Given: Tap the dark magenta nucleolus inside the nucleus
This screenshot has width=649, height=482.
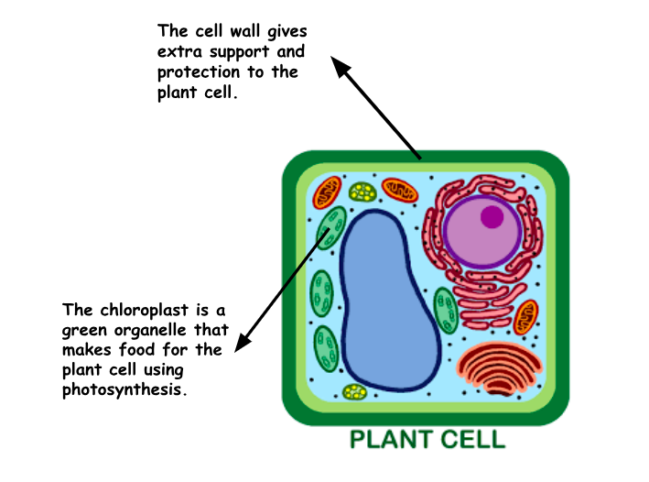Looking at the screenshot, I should [x=492, y=217].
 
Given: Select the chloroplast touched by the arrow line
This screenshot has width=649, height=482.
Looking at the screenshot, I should [x=331, y=228].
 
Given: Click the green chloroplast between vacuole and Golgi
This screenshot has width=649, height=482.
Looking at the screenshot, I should [x=446, y=311].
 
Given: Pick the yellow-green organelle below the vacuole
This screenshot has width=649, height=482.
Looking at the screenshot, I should [x=354, y=392].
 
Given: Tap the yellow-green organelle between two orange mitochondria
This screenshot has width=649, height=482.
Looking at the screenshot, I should [x=363, y=192].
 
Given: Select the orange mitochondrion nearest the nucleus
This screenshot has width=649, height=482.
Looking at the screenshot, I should [x=400, y=191].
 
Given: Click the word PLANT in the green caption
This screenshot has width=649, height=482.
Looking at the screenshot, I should [x=393, y=439].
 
